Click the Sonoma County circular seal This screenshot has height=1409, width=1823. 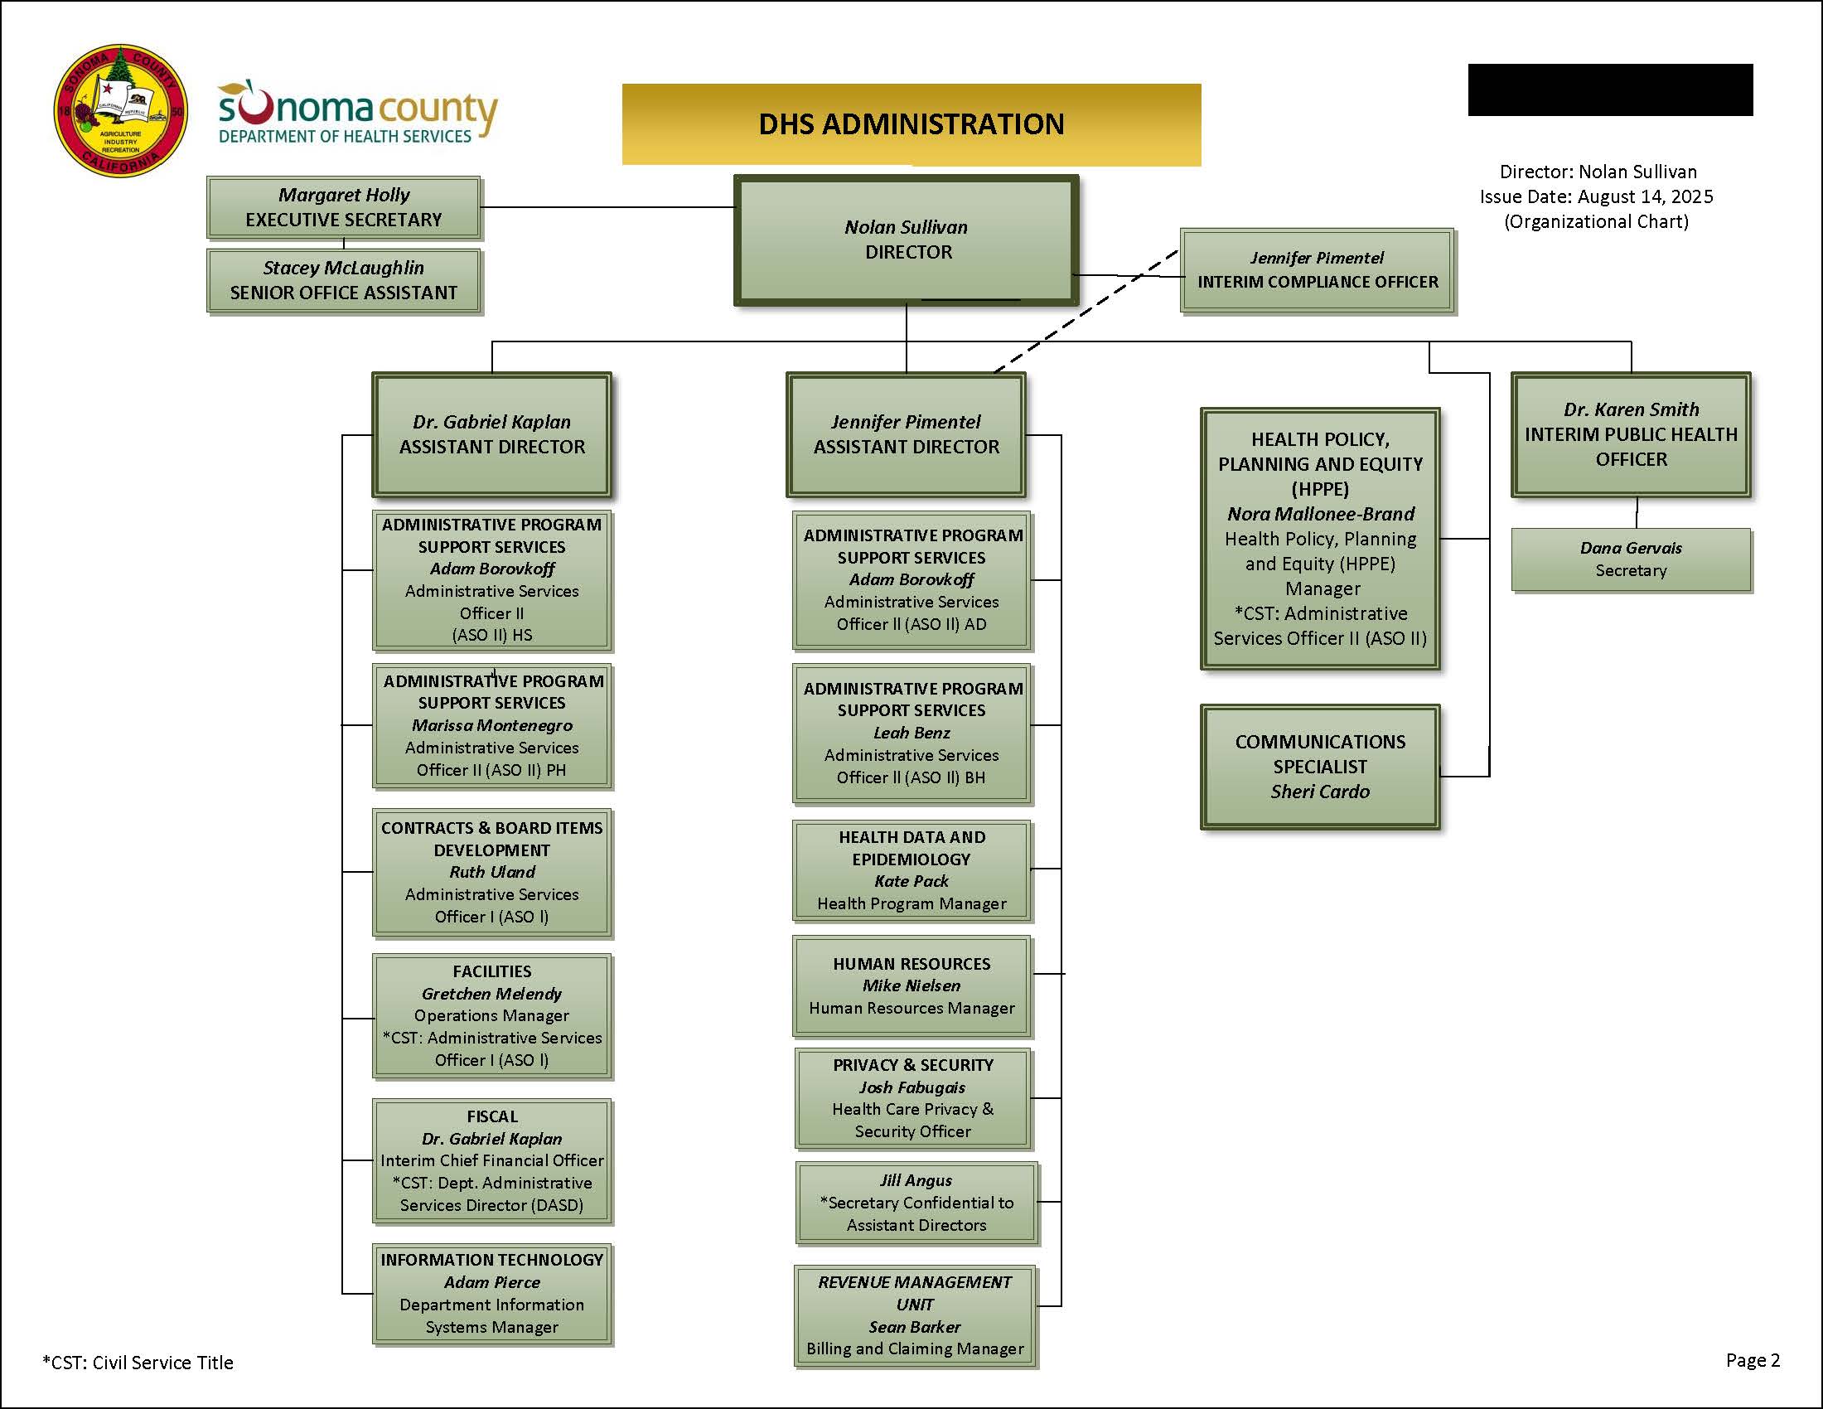[120, 111]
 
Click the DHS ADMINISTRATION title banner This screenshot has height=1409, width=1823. [911, 124]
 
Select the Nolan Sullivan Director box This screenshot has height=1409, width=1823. [907, 240]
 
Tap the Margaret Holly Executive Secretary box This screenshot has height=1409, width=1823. [343, 207]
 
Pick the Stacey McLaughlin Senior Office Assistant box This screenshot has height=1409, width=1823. [343, 280]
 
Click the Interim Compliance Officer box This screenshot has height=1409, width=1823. [1318, 270]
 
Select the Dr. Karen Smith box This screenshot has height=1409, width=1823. [1630, 434]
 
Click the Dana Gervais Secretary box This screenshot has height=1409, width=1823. [1630, 559]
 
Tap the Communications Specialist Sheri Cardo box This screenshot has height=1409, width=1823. [1320, 767]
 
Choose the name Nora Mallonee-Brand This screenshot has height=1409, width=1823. [1321, 514]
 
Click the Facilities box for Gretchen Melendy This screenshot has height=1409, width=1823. [491, 1016]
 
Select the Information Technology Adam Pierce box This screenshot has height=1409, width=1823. [491, 1293]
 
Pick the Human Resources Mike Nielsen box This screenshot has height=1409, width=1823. [911, 985]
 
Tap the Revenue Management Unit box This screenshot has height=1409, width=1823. [915, 1315]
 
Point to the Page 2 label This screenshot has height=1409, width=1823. [1752, 1361]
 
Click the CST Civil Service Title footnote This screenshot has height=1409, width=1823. [138, 1363]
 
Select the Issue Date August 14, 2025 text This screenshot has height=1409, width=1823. [1596, 197]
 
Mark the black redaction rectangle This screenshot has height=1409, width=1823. [1610, 90]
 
